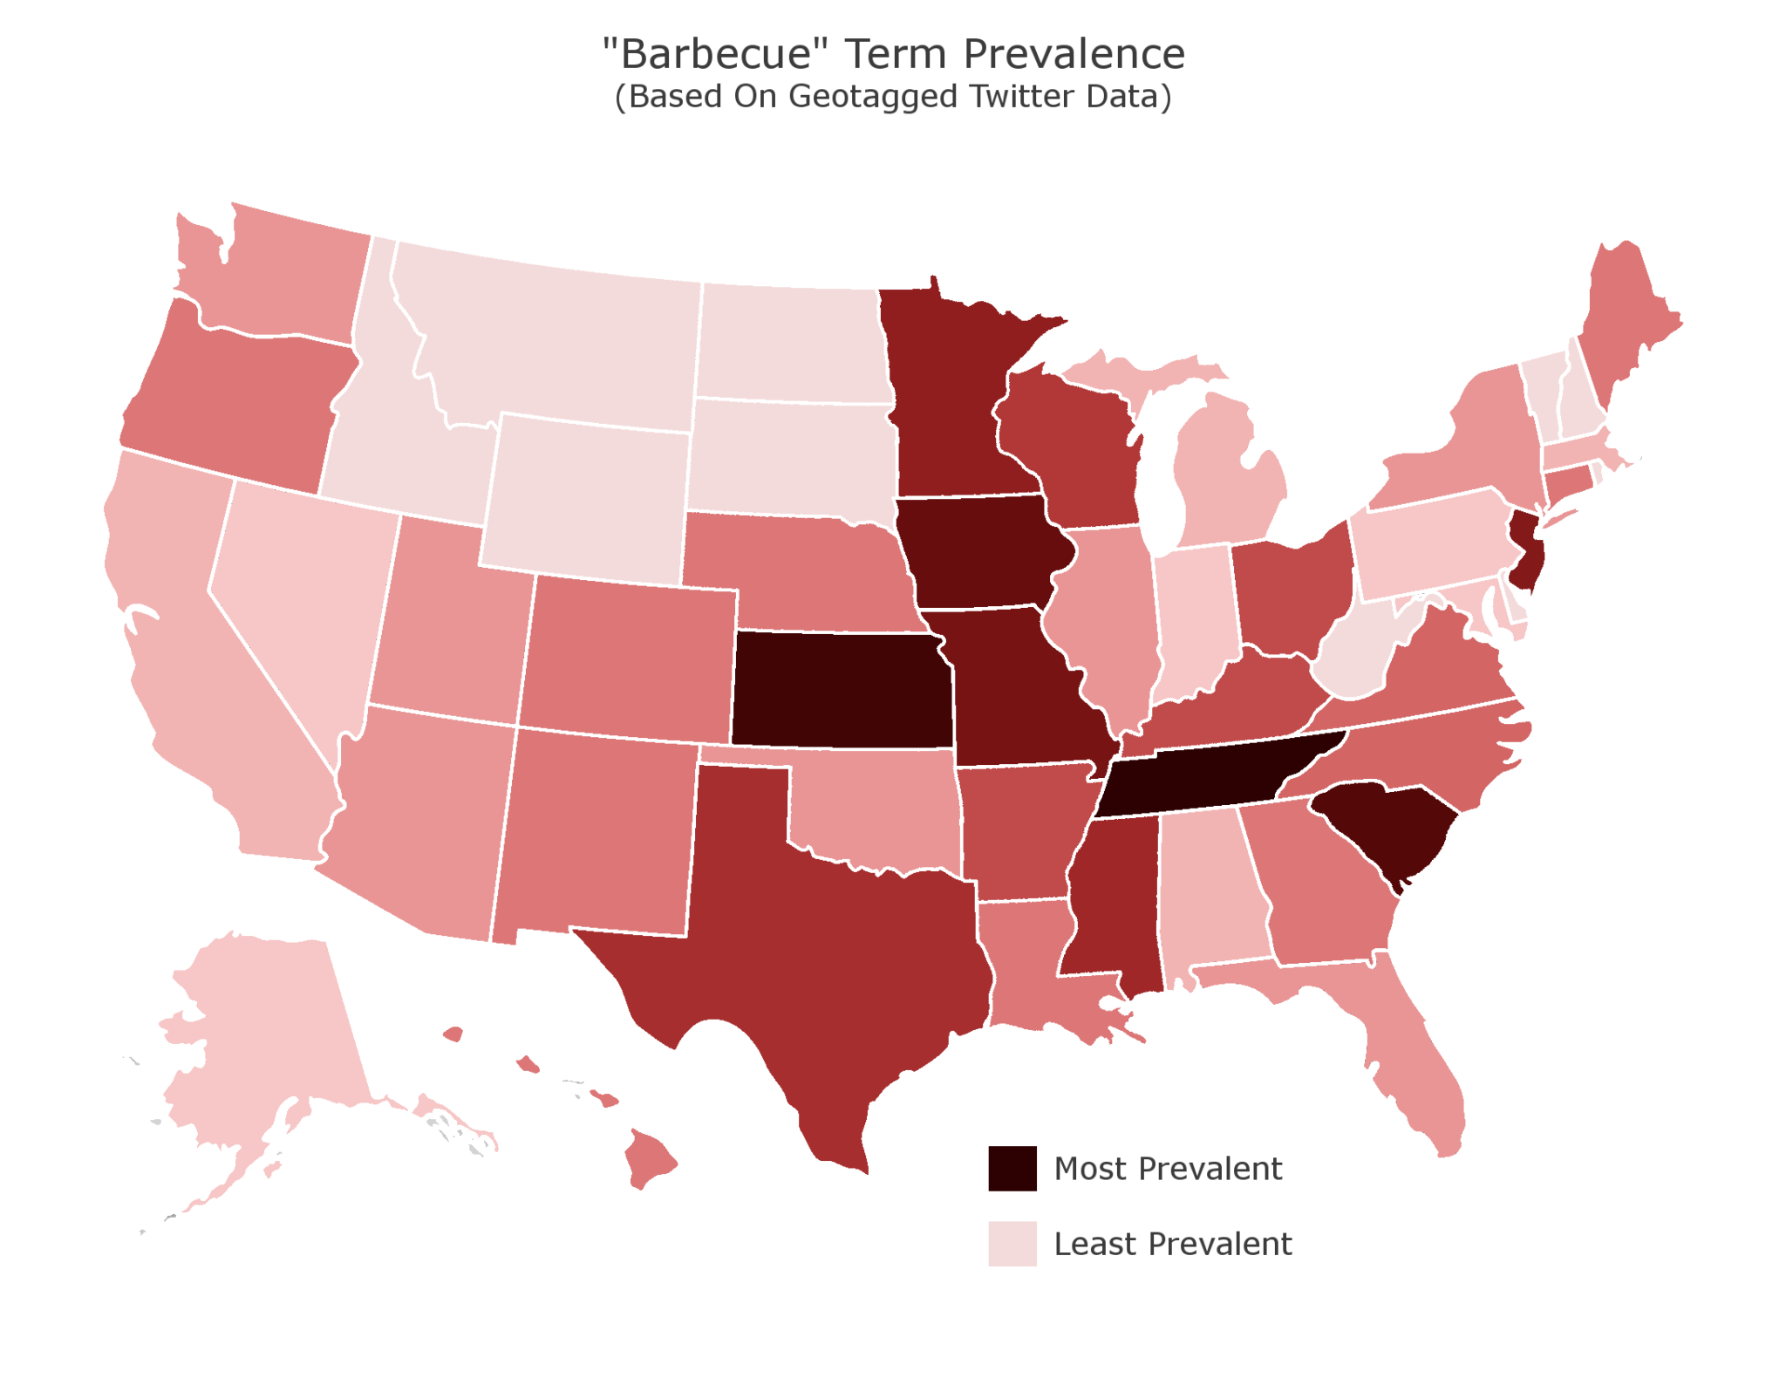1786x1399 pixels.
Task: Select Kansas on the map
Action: (x=842, y=689)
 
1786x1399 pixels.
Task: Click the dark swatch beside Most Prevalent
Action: (x=1012, y=1168)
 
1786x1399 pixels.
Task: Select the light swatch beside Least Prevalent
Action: (x=1012, y=1243)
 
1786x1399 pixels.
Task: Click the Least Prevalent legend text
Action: (x=1172, y=1244)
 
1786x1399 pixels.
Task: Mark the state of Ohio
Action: (x=1291, y=593)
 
